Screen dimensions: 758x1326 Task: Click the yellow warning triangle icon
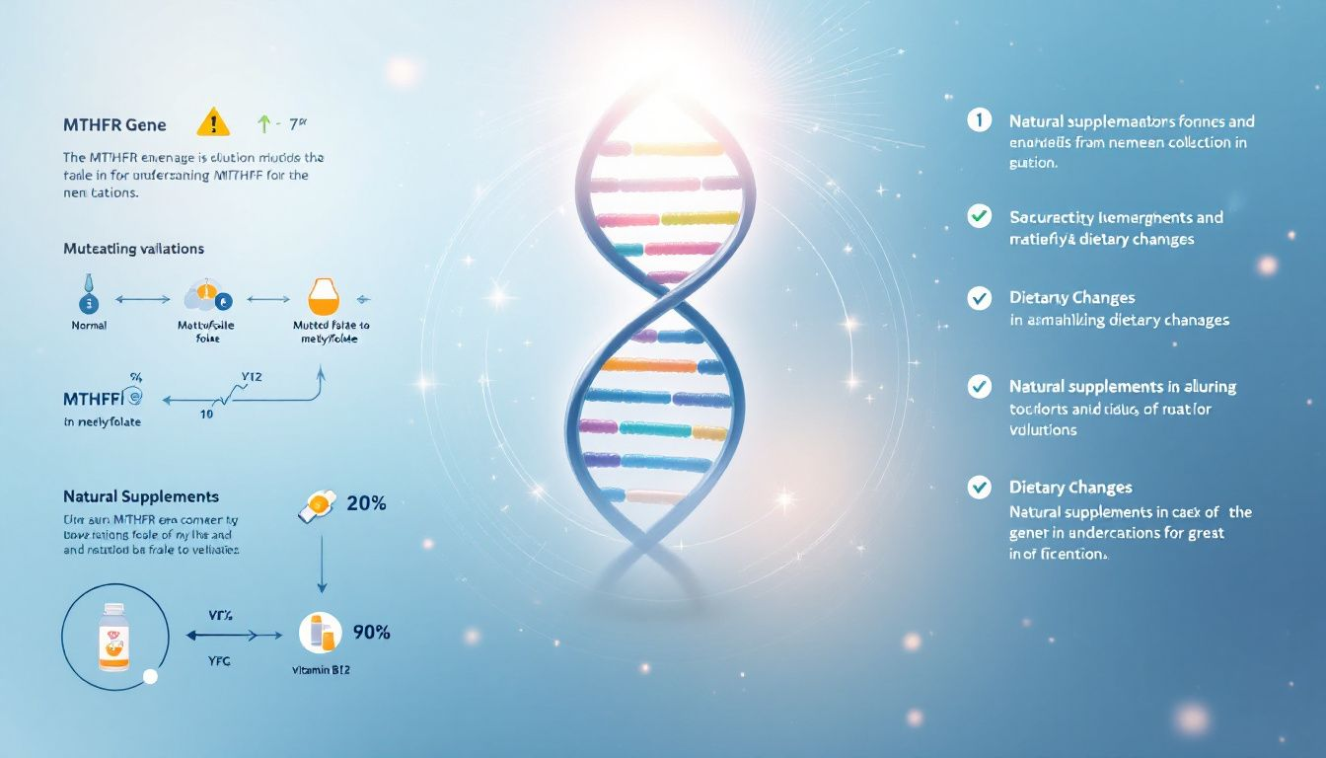tap(213, 122)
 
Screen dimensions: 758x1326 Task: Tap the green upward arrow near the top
tap(262, 124)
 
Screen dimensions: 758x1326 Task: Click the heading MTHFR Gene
tap(113, 125)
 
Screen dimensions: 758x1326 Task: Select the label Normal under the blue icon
tap(89, 325)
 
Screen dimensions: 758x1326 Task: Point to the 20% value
tap(366, 503)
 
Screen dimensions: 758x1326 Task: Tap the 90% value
tap(371, 632)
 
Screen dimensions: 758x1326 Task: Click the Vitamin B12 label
tap(321, 669)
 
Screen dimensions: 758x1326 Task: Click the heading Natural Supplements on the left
tap(141, 496)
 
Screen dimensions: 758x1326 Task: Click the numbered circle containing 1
tap(978, 120)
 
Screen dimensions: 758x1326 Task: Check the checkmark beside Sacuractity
tap(979, 216)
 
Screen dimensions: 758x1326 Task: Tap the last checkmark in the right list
tap(979, 486)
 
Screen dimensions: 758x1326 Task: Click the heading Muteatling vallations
tap(133, 250)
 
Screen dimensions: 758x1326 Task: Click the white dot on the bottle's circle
tap(150, 677)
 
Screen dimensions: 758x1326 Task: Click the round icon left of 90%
tap(320, 632)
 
